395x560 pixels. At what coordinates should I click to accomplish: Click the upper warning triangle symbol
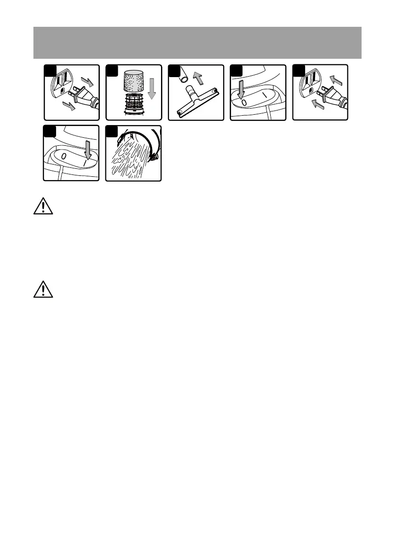tap(43, 207)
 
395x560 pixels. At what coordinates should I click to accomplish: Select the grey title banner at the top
tap(197, 43)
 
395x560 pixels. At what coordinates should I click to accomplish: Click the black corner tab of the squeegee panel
tap(173, 70)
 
